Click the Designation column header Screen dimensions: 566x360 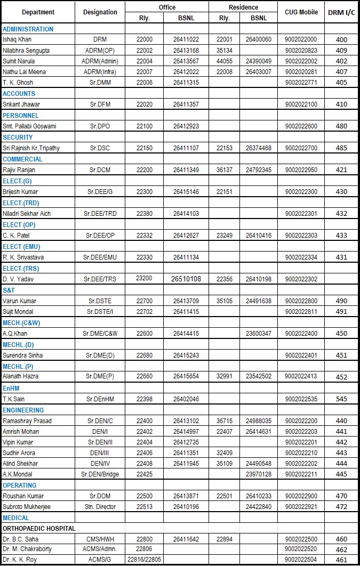100,12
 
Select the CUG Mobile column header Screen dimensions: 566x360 301,12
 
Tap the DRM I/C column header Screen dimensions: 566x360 341,12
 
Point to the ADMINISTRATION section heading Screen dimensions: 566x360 28,29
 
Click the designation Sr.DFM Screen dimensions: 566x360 100,104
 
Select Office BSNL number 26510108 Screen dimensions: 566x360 186,279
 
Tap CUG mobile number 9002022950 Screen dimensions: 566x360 301,170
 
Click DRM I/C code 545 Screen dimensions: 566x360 341,399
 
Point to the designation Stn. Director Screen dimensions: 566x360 100,507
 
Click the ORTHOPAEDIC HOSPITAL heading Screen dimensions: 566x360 39,529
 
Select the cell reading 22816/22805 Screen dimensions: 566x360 145,559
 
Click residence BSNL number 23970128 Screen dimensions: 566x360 259,474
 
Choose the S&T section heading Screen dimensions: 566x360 9,289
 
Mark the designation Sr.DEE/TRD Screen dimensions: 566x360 100,213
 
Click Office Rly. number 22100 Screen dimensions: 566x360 145,126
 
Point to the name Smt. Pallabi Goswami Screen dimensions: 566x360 30,126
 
